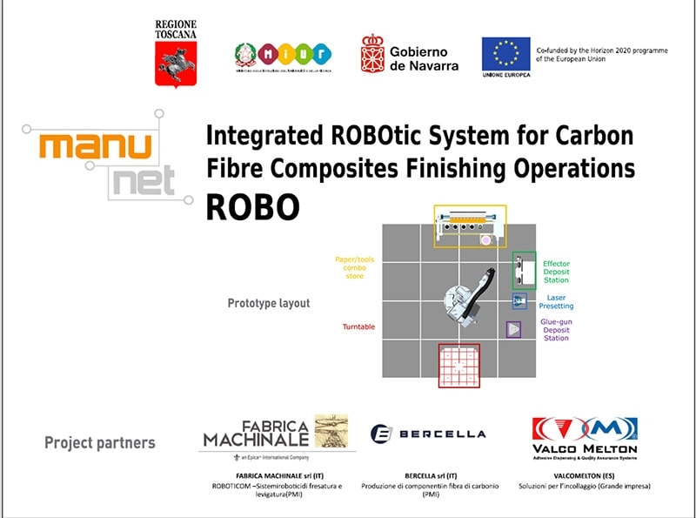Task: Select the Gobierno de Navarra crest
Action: click(x=372, y=54)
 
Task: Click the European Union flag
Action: click(x=505, y=53)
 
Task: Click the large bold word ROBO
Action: click(x=252, y=207)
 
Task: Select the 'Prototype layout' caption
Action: click(x=269, y=304)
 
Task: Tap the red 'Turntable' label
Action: click(x=358, y=326)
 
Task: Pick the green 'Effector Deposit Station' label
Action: click(x=555, y=272)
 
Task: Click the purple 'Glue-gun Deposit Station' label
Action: click(x=556, y=329)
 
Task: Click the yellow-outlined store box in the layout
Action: click(x=470, y=226)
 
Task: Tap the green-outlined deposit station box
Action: click(x=524, y=270)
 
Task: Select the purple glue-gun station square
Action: click(x=514, y=329)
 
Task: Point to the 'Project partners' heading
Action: click(x=99, y=442)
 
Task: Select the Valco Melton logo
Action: click(x=584, y=435)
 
